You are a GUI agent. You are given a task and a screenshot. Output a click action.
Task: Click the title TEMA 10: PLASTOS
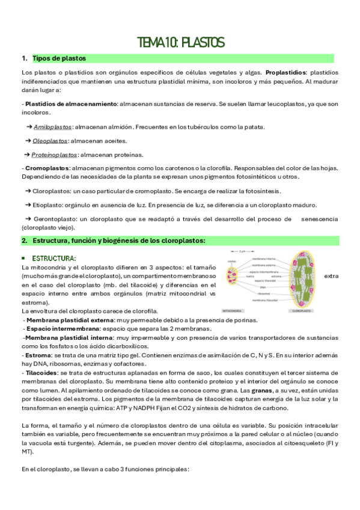(180, 42)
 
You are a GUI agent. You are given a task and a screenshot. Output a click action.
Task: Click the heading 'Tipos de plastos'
(59, 58)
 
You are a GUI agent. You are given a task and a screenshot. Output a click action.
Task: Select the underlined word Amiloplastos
(53, 127)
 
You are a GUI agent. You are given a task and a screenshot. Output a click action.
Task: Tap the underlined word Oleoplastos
(50, 141)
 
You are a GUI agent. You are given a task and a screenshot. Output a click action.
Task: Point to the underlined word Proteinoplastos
(56, 155)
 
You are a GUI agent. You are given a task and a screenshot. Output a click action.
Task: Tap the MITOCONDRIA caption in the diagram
(233, 311)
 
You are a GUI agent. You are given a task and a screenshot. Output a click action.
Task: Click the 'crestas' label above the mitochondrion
(232, 262)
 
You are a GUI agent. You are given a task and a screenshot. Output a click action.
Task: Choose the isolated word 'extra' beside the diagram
(331, 276)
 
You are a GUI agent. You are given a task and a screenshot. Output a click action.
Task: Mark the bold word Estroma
(38, 355)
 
